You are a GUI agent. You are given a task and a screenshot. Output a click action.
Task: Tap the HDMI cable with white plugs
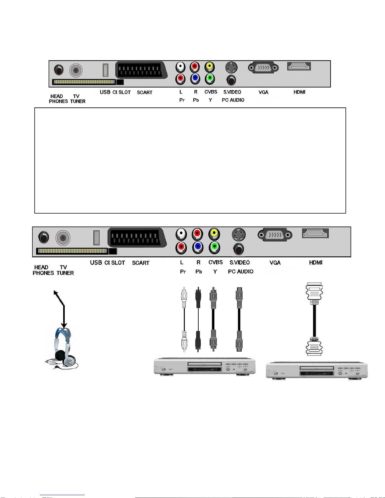(314, 319)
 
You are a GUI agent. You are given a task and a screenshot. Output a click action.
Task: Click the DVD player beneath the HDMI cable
(316, 370)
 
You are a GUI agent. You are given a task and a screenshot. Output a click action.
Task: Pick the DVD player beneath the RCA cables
(205, 366)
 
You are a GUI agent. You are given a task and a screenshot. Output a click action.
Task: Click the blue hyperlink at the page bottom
(62, 495)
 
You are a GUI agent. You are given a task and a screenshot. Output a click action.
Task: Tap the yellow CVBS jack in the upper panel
(209, 67)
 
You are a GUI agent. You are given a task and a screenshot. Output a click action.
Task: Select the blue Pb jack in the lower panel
(198, 247)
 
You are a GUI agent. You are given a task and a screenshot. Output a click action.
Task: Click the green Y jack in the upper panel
(209, 78)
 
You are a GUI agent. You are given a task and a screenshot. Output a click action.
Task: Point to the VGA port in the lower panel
(275, 235)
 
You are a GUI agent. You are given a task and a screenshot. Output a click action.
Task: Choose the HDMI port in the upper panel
(299, 66)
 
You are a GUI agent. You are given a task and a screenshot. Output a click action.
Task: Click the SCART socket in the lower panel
(137, 238)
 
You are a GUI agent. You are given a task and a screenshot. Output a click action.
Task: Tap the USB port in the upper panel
(105, 70)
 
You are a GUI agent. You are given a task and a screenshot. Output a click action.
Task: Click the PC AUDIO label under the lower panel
(241, 271)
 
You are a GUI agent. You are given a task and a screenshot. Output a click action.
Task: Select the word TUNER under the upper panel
(78, 101)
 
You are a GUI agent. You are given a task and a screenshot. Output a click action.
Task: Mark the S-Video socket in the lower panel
(239, 234)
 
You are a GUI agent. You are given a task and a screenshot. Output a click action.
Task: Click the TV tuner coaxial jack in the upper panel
(76, 70)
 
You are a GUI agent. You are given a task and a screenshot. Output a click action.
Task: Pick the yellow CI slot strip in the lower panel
(72, 251)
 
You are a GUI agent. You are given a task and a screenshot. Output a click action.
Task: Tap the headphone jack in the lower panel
(44, 237)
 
